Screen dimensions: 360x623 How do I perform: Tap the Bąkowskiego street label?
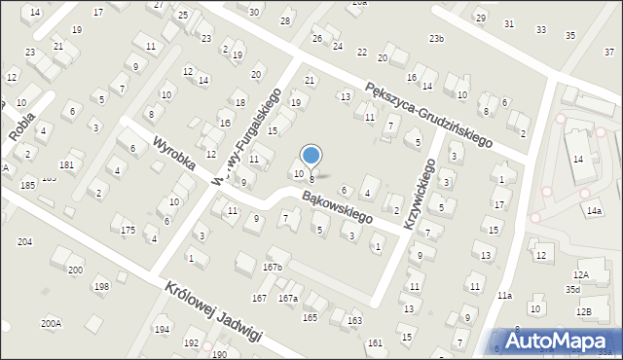click(x=337, y=207)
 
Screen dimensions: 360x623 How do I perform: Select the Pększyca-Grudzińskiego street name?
click(x=428, y=114)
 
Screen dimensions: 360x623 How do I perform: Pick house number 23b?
click(x=436, y=39)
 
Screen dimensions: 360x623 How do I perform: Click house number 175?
click(x=128, y=230)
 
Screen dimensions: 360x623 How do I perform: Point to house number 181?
click(x=66, y=165)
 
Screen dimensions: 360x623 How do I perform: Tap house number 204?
click(x=25, y=241)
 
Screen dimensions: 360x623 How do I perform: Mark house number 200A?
click(x=51, y=323)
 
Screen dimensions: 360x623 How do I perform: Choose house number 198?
click(x=101, y=286)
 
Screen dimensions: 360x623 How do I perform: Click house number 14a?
click(x=594, y=210)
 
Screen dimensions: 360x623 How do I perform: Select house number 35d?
click(x=573, y=289)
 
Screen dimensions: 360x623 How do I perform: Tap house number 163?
click(x=355, y=320)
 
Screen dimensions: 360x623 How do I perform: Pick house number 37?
click(x=608, y=52)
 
